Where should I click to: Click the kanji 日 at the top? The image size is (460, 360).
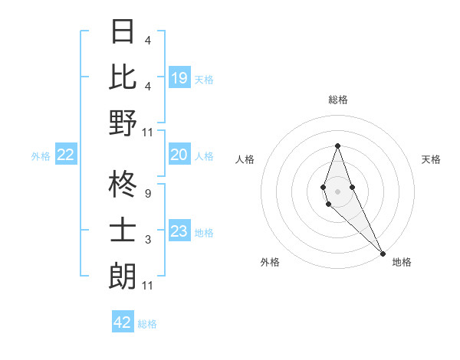(123, 31)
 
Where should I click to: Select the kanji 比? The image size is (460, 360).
(123, 77)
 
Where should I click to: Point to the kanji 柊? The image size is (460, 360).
(123, 185)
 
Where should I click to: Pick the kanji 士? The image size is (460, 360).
(123, 231)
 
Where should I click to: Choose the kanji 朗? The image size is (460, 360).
(123, 276)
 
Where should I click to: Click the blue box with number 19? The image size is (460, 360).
(179, 77)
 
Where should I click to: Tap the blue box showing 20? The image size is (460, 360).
(179, 155)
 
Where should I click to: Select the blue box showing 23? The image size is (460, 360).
(179, 231)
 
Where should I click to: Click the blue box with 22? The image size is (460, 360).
(66, 155)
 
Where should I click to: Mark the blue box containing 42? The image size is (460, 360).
(123, 322)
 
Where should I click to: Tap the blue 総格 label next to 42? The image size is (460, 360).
(147, 324)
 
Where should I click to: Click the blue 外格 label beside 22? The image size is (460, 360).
(41, 156)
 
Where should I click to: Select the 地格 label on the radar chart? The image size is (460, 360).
(402, 262)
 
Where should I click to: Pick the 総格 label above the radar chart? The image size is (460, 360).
(337, 100)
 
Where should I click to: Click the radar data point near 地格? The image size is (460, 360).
(382, 253)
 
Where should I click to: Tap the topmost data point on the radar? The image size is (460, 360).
(337, 146)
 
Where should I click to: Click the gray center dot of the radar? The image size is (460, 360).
(337, 190)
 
